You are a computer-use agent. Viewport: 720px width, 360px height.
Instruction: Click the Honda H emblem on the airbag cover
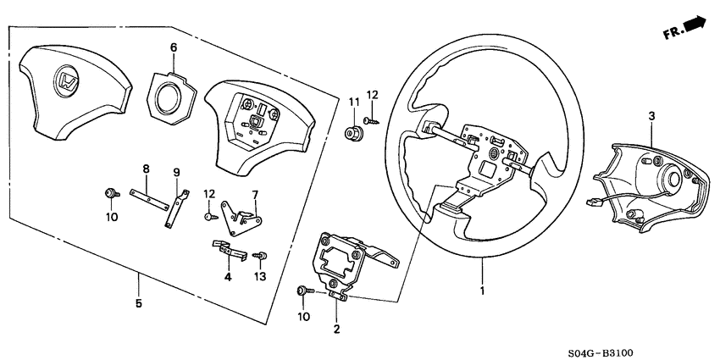point(65,82)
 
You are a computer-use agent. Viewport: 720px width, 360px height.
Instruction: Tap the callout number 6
point(174,48)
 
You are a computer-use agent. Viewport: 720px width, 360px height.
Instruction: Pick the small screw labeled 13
point(261,253)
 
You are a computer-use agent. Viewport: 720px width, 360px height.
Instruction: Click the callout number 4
point(228,276)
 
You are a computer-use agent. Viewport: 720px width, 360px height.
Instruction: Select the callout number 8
point(146,169)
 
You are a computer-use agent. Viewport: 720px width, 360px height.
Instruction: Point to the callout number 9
point(177,173)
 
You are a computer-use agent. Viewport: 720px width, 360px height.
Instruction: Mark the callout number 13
point(259,277)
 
